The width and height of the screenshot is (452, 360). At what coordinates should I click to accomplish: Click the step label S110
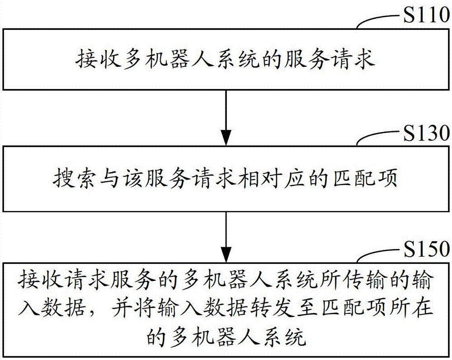click(x=426, y=15)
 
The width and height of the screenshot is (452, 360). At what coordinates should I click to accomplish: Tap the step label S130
click(x=426, y=133)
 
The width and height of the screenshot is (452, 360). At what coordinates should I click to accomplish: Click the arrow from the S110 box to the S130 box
click(x=226, y=118)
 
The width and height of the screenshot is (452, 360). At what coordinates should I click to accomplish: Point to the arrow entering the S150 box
click(x=226, y=237)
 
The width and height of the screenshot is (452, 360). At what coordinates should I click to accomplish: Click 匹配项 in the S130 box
click(x=365, y=179)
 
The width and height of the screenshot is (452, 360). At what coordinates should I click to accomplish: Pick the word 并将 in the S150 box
click(x=132, y=308)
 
